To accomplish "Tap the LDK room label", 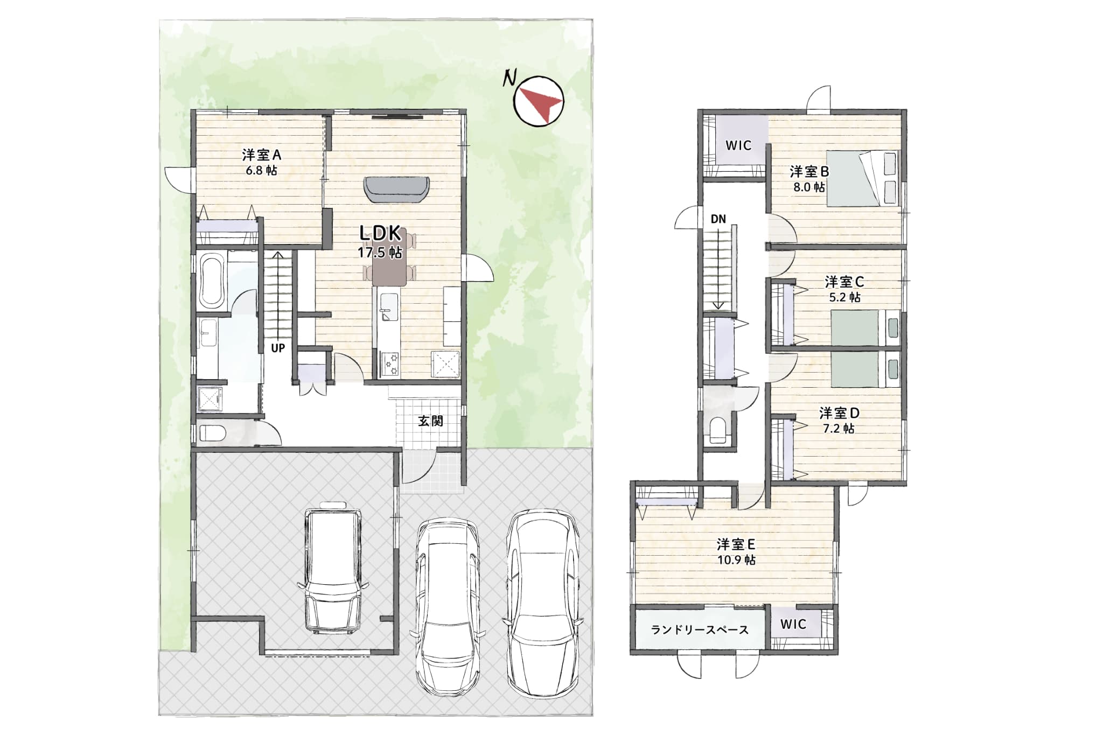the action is point(380,234).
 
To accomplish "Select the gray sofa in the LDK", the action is point(397,189).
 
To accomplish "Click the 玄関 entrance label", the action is point(430,421).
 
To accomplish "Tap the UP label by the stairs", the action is point(278,348).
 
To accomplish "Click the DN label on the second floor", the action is point(718,219).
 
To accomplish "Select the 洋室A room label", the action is point(262,155).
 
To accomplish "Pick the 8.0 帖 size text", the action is point(809,187).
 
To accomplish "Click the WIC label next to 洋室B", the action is point(738,145).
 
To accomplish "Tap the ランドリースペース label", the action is point(700,629).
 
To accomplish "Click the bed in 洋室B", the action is point(862,178).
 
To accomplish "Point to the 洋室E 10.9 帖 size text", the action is point(736,560).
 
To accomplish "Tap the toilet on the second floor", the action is point(718,430).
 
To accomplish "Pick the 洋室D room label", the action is point(839,414).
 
